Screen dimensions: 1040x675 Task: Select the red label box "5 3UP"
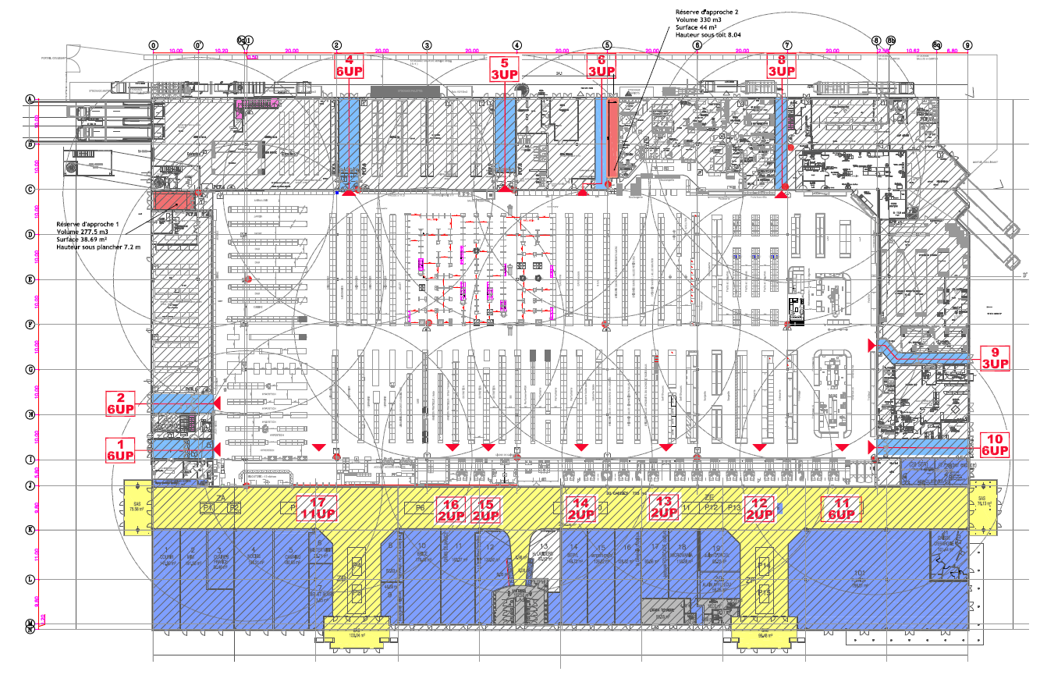[x=505, y=69]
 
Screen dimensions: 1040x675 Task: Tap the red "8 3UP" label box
[x=782, y=66]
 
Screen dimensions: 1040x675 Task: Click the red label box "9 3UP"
[x=995, y=357]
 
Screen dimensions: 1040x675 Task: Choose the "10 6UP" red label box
[x=995, y=444]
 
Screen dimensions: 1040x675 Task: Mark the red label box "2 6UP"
[x=121, y=403]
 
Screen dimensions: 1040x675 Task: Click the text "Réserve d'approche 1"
[x=89, y=224]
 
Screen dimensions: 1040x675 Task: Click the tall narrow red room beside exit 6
[x=613, y=142]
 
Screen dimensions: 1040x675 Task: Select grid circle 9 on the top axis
[x=968, y=45]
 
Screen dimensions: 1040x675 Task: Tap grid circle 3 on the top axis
[x=427, y=45]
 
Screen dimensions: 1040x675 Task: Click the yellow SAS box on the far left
[x=137, y=509]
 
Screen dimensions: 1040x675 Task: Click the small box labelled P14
[x=765, y=565]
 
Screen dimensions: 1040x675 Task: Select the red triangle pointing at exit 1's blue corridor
[x=217, y=450]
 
